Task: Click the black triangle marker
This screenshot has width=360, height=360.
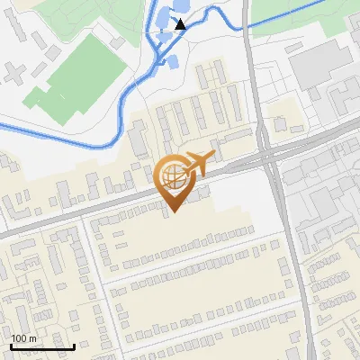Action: pyautogui.click(x=180, y=24)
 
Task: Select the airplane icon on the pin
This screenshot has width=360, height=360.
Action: pyautogui.click(x=196, y=165)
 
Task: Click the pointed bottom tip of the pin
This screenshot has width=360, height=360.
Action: pyautogui.click(x=172, y=211)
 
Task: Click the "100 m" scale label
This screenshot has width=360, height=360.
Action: pyautogui.click(x=23, y=338)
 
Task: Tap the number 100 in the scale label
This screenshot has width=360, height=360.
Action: pyautogui.click(x=19, y=338)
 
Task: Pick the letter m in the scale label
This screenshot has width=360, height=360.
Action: pyautogui.click(x=33, y=338)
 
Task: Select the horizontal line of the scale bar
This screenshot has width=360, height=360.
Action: pyautogui.click(x=42, y=346)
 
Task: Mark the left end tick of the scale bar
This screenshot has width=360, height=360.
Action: pyautogui.click(x=11, y=345)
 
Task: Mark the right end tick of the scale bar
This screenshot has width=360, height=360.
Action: pyautogui.click(x=74, y=345)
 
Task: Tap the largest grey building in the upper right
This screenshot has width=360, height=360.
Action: pyautogui.click(x=314, y=63)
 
